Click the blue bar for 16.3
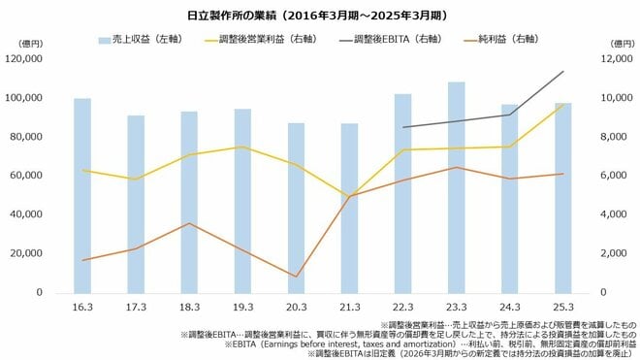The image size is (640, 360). (x=83, y=195)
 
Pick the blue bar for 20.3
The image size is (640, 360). (x=297, y=208)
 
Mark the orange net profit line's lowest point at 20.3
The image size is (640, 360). (x=297, y=277)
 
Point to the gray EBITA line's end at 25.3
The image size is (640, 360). (x=563, y=71)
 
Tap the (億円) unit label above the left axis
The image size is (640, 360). (x=30, y=44)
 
